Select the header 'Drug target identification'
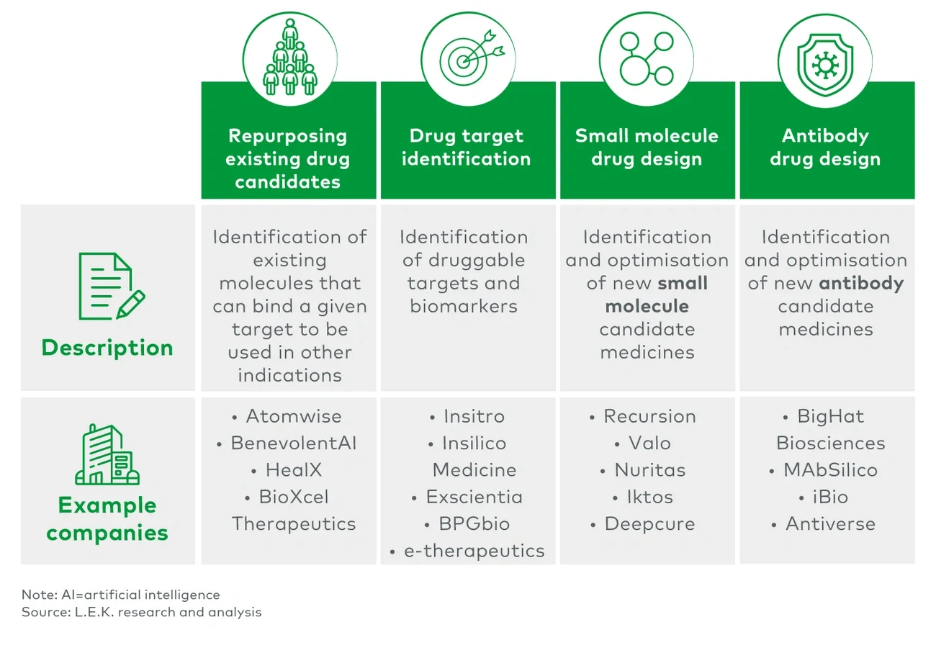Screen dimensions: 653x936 coord(467,147)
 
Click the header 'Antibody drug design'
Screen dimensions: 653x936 coord(825,147)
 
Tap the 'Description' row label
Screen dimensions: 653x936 coord(107,348)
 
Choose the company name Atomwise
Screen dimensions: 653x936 coord(294,416)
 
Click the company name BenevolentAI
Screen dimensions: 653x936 coord(294,443)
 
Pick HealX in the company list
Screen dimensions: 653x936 coord(294,470)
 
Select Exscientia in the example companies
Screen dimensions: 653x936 coord(474,497)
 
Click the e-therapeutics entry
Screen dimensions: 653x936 coord(474,551)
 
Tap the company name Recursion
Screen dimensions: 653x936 coord(649,416)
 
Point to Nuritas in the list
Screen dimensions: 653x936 coord(649,470)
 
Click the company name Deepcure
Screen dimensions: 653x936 coord(649,523)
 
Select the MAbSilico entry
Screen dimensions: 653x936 coord(830,470)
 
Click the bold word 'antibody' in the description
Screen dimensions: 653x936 coord(861,283)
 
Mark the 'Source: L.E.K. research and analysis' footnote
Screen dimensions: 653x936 coord(142,613)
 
